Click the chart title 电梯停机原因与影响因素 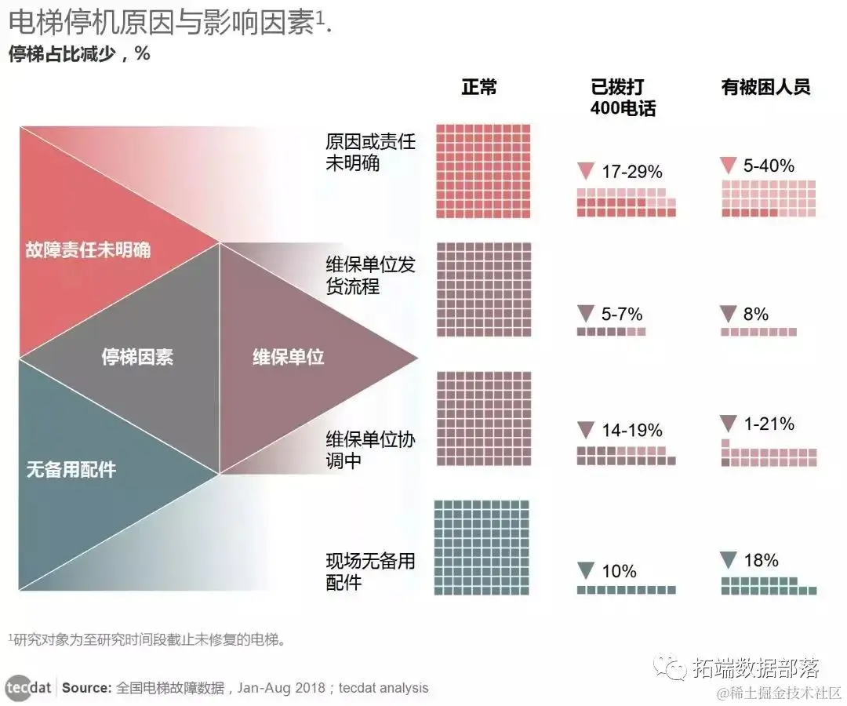pos(162,24)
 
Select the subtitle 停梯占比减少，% pos(78,54)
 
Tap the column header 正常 pos(479,87)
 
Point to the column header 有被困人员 pos(765,87)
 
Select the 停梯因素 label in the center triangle pos(137,358)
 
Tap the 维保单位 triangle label pos(288,358)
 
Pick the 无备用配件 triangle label pos(71,470)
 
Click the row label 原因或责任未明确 pos(370,153)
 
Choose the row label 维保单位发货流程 pos(370,275)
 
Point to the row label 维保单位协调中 pos(370,449)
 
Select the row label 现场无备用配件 pos(370,572)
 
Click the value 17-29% pos(631,172)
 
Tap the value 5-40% pos(769,166)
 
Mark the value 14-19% pos(631,430)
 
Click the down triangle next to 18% pos(728,560)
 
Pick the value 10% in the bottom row pos(619,571)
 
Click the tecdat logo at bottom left pos(29,688)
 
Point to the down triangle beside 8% pos(728,315)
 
